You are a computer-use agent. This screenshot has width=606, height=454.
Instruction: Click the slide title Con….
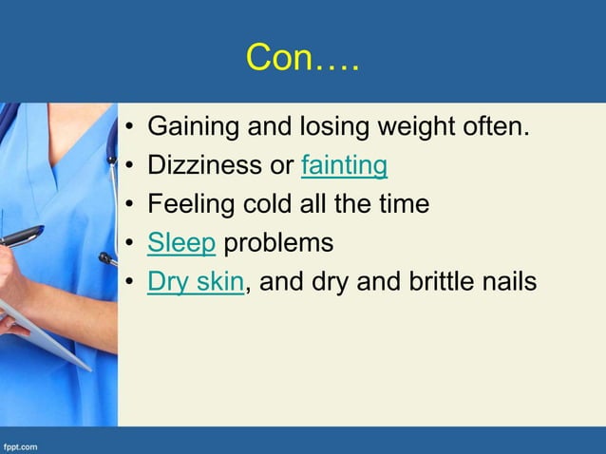coord(302,58)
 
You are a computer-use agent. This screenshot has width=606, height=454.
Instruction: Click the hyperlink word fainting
coord(344,166)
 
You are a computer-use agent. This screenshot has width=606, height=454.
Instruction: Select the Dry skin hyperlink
coord(196,282)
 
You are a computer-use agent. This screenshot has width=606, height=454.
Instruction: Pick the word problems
coord(277,244)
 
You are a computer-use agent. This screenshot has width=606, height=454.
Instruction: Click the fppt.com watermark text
coord(20,445)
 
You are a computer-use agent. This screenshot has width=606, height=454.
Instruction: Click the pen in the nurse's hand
coord(21,236)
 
